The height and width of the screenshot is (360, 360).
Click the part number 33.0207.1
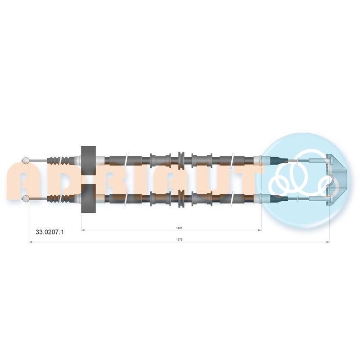tap(49, 232)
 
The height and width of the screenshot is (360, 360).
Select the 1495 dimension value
tap(179, 228)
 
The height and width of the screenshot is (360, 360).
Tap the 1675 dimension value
tap(179, 239)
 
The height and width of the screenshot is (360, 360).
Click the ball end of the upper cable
tap(25, 161)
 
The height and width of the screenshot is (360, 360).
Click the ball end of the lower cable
tap(25, 198)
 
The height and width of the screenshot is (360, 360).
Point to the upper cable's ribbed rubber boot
tap(61, 161)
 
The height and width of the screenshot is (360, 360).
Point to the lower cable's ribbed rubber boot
tap(61, 198)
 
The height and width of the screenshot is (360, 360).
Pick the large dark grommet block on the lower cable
tap(89, 199)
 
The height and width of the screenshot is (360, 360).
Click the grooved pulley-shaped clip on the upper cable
tap(181, 160)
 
